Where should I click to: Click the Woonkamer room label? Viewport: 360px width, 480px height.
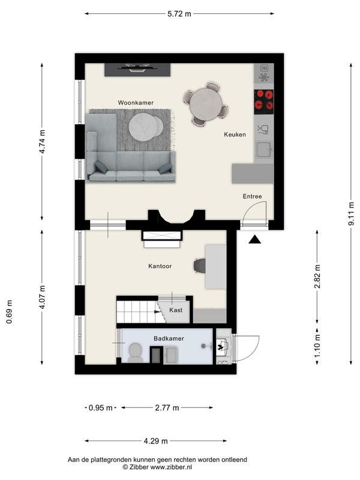click(136, 103)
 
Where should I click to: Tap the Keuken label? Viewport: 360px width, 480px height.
click(235, 134)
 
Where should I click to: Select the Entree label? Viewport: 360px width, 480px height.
click(252, 196)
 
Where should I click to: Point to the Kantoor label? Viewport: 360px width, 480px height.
click(160, 266)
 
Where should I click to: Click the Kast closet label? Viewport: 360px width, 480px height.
click(176, 310)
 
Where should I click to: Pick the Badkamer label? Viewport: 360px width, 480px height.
click(169, 338)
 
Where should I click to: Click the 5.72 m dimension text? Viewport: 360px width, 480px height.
click(179, 14)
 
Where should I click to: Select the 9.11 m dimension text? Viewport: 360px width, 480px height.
click(351, 214)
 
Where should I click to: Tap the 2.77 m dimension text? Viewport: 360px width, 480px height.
click(167, 408)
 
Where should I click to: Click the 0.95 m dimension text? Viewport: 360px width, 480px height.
click(100, 408)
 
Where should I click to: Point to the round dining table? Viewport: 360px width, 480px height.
click(206, 104)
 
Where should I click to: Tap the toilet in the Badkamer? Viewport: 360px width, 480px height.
click(134, 353)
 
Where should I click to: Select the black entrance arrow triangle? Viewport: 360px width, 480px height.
click(254, 239)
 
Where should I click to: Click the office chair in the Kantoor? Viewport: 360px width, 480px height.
click(200, 265)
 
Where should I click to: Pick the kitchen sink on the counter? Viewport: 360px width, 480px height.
click(264, 149)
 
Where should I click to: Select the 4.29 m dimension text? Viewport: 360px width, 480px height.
click(155, 441)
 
